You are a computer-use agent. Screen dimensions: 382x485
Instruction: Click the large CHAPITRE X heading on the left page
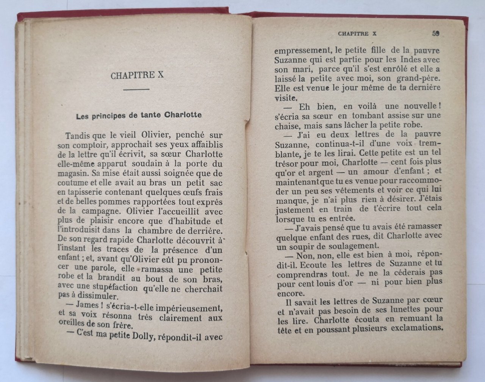pos(137,75)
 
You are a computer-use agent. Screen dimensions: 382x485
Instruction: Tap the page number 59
pos(435,33)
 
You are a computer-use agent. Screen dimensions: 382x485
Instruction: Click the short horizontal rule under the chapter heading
pos(137,90)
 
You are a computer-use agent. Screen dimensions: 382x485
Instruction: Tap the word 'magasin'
pos(73,174)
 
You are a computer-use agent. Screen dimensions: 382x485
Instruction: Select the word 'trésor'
pos(288,162)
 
